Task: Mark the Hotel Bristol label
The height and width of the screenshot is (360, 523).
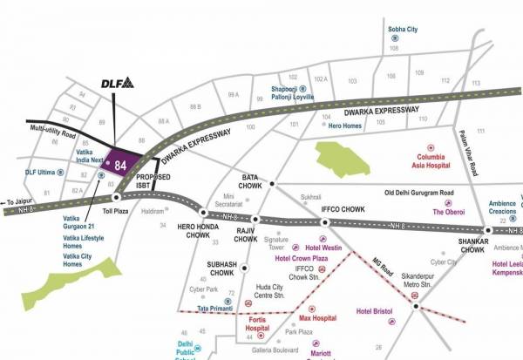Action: [x=376, y=311]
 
